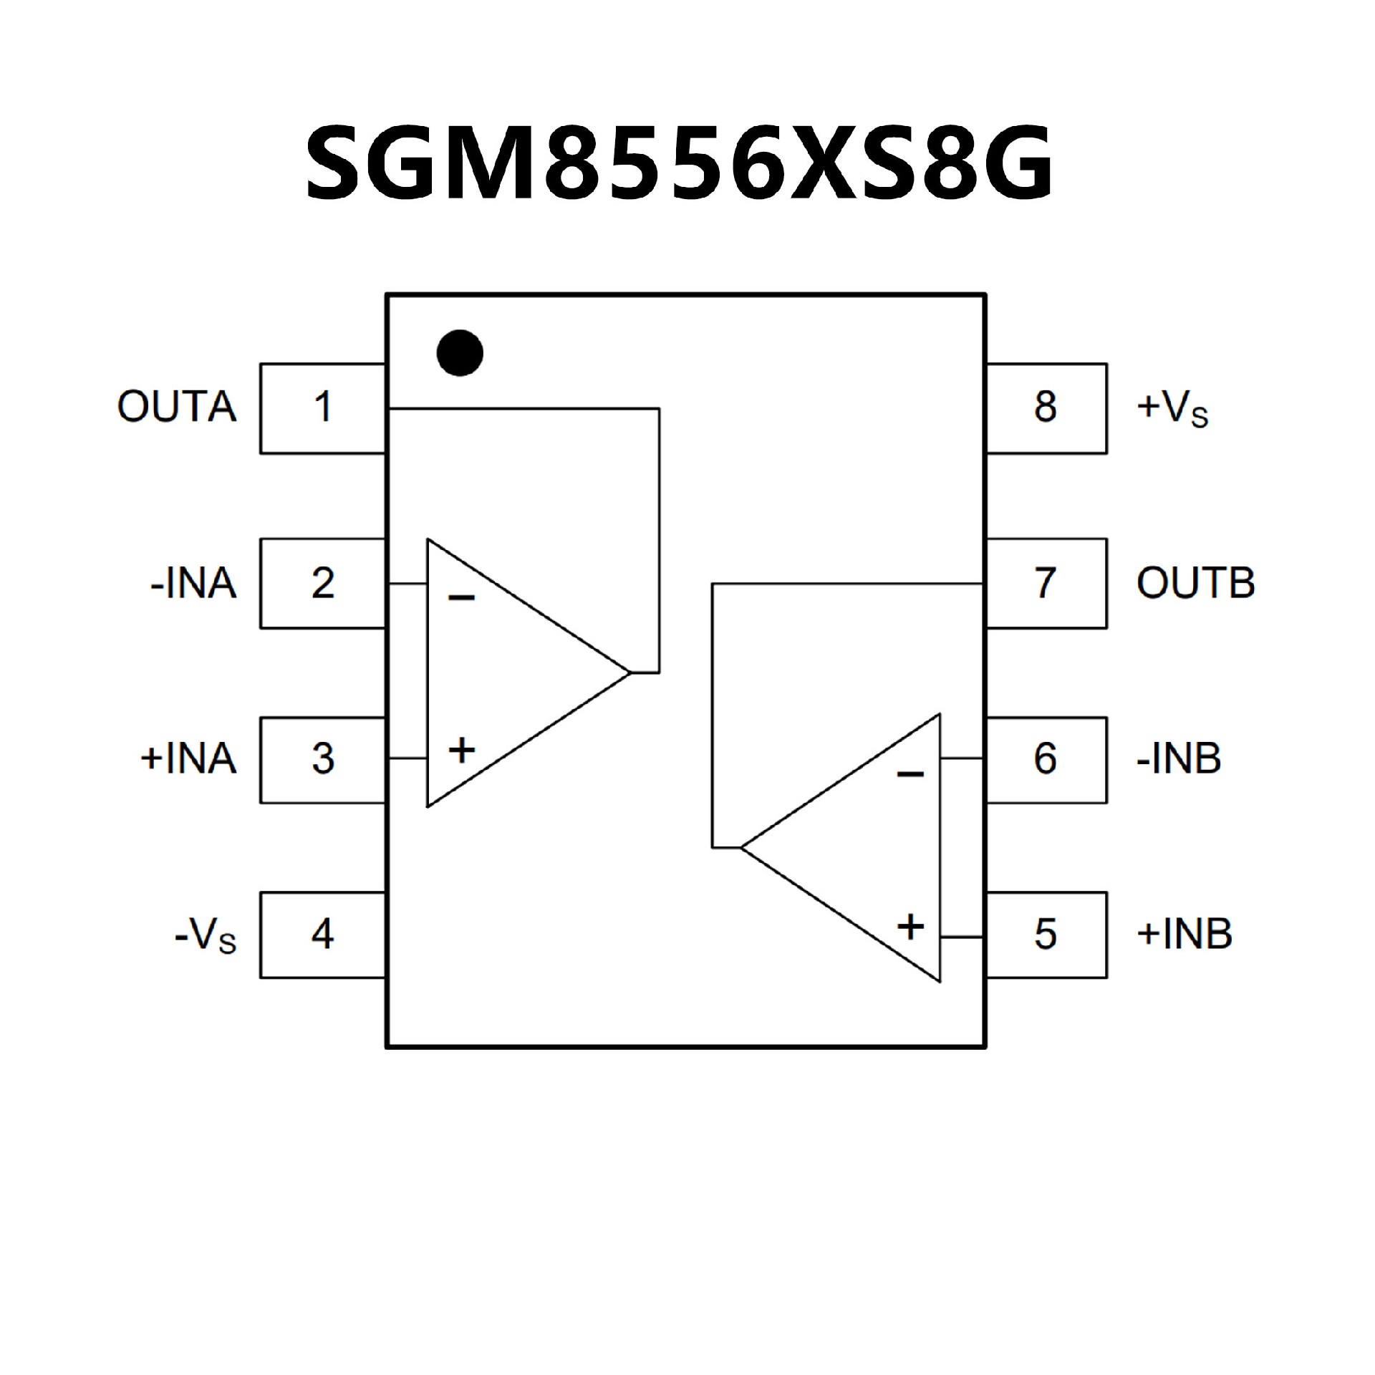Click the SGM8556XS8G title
click(679, 161)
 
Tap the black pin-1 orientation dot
click(460, 352)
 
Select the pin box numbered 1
click(323, 407)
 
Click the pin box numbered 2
click(323, 583)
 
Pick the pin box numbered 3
click(323, 759)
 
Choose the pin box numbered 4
click(323, 934)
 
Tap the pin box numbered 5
click(1046, 934)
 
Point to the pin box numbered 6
click(1046, 759)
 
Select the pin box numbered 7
click(1046, 583)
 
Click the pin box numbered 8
click(1046, 407)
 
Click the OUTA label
click(177, 407)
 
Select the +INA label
click(188, 759)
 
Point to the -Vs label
click(206, 935)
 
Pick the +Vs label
click(1172, 409)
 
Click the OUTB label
click(1195, 583)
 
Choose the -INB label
click(1179, 759)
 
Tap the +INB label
click(1184, 934)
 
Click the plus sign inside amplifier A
click(462, 751)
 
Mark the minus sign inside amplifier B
click(910, 774)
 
